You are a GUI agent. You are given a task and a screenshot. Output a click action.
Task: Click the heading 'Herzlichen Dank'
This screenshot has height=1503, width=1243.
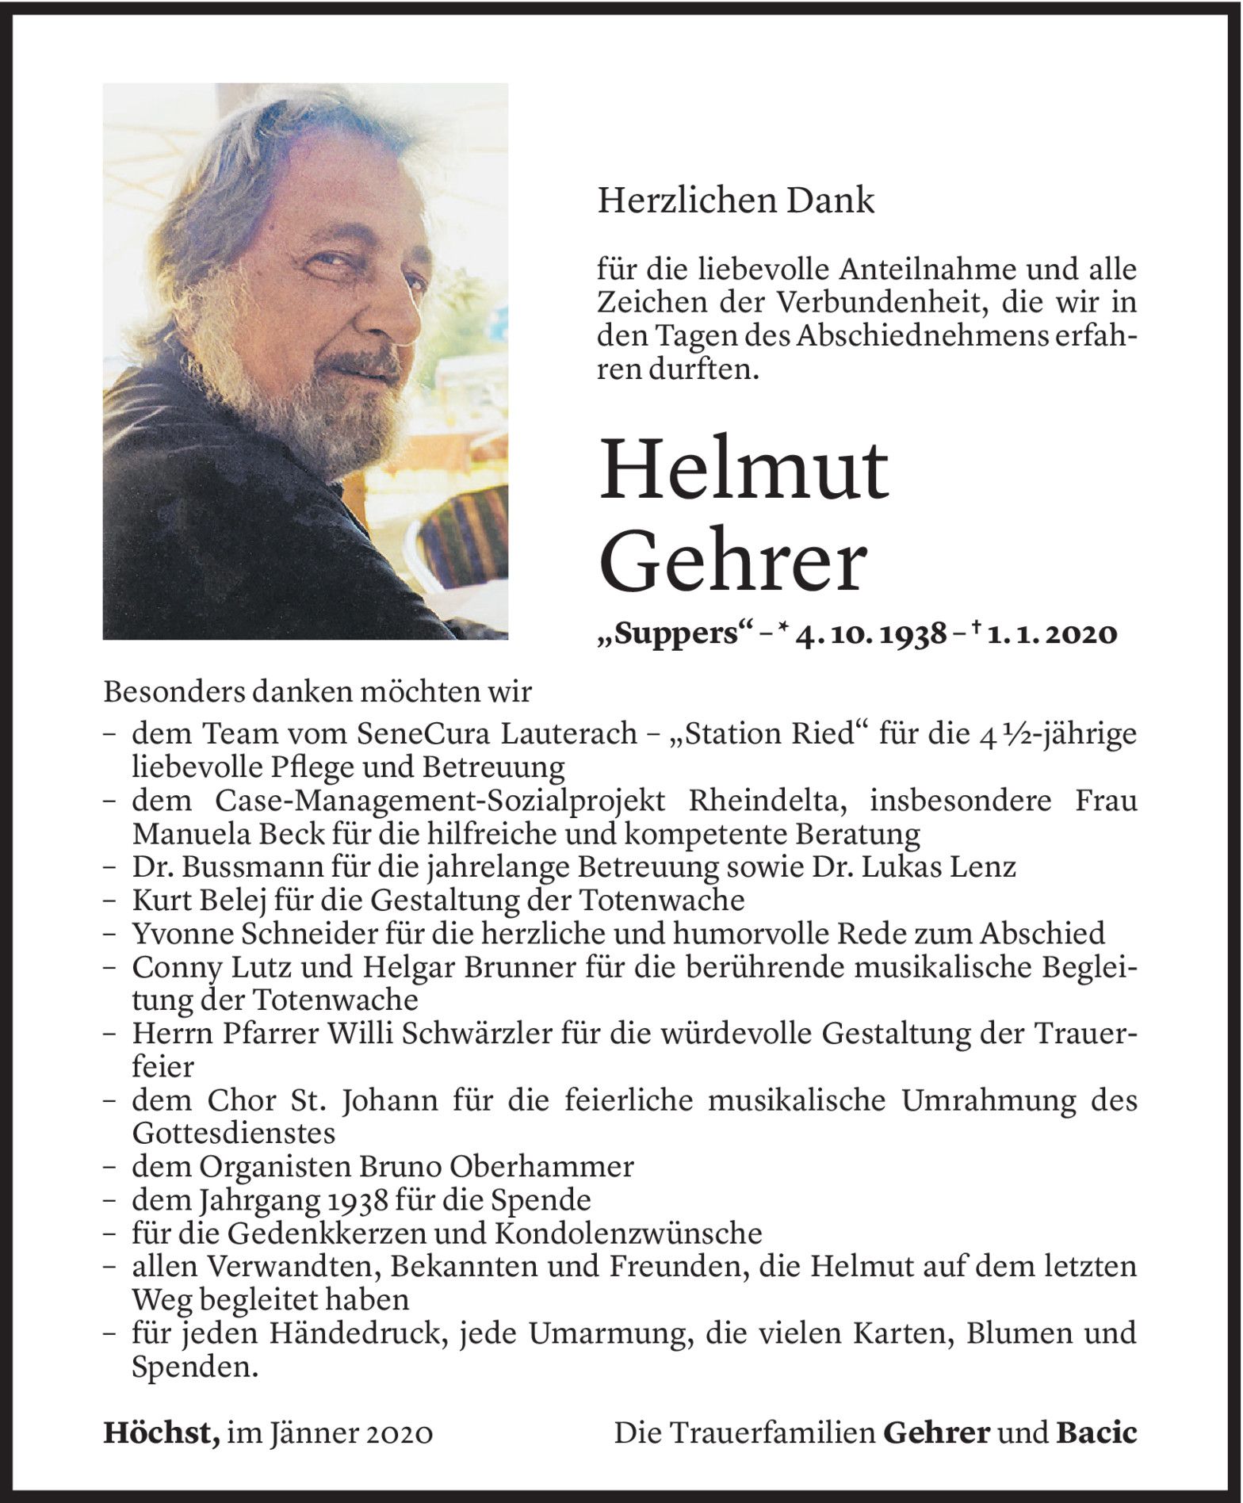tap(736, 201)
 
